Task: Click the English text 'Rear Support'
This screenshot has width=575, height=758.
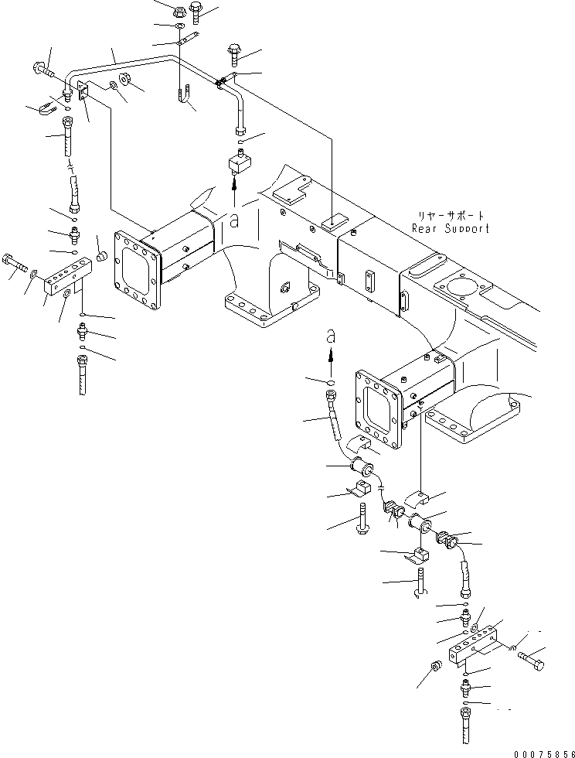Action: coord(451,228)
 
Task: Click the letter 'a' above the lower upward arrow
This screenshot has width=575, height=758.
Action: coord(331,337)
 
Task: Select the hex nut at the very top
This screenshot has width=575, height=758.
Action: coord(177,12)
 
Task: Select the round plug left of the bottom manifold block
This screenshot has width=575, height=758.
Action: coord(436,668)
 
